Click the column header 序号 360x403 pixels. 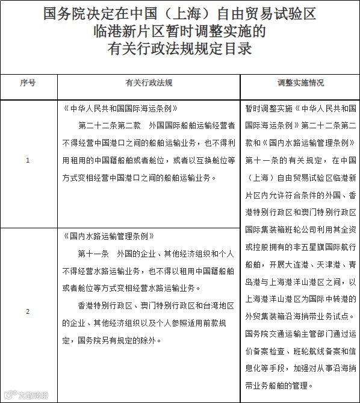point(28,83)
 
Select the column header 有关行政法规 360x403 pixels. point(149,83)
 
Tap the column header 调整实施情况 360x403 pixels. point(300,83)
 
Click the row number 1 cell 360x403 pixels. point(28,160)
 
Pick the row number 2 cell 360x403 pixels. point(28,311)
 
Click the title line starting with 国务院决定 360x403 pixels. point(179,13)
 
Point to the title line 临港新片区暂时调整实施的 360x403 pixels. point(179,31)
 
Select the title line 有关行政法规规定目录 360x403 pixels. point(179,48)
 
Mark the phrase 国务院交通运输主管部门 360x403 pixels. point(286,333)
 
